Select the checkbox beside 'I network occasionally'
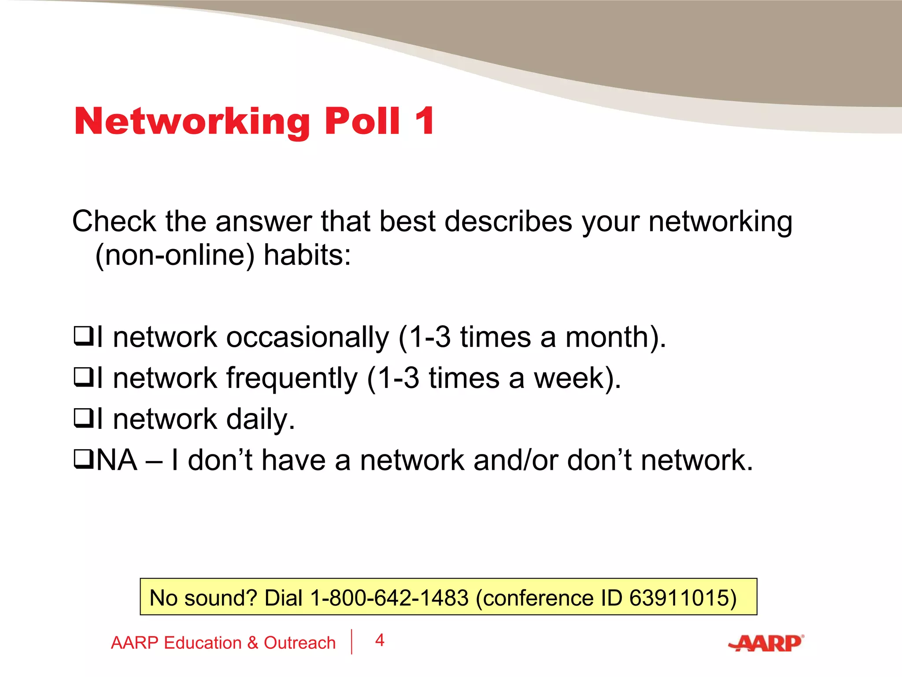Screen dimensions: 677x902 83,337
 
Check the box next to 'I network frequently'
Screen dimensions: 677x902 83,378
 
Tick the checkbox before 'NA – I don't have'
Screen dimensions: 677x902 83,459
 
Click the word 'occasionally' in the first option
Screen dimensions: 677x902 307,338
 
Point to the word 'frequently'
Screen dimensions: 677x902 292,379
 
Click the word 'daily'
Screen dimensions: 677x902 260,419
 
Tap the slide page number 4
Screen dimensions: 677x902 380,640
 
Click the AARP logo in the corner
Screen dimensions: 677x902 767,643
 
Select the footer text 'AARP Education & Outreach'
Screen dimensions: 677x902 223,643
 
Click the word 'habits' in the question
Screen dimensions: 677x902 307,255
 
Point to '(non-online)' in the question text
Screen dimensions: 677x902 175,255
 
